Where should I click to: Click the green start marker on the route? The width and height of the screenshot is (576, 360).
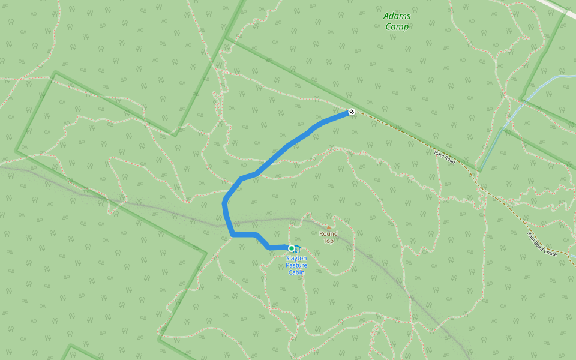292,248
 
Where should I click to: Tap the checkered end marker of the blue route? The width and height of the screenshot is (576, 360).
352,112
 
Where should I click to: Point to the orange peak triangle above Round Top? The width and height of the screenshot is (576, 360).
328,227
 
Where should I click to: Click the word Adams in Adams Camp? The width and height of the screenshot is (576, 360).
397,16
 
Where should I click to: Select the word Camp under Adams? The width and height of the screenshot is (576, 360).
397,26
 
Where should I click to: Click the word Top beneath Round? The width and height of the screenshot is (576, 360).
328,241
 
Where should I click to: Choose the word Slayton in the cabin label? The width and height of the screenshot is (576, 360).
296,258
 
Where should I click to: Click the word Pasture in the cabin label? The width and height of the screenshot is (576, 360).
296,265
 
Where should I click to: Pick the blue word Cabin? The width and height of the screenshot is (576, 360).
296,272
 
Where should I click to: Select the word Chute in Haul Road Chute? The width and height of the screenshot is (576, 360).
551,253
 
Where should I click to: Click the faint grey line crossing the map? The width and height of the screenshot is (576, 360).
150,204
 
